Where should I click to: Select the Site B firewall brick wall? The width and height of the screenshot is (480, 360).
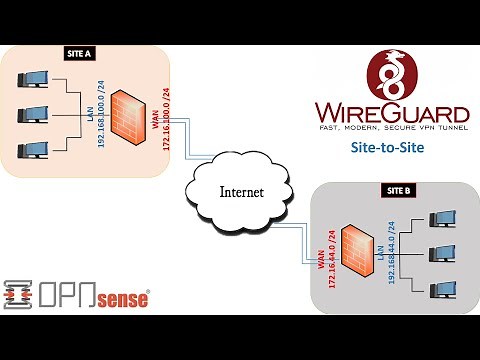[356, 249]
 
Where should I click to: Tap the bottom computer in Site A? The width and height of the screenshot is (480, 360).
[29, 152]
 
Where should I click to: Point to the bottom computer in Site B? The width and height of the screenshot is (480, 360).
[439, 288]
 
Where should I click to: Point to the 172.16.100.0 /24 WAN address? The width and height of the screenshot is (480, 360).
[165, 118]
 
